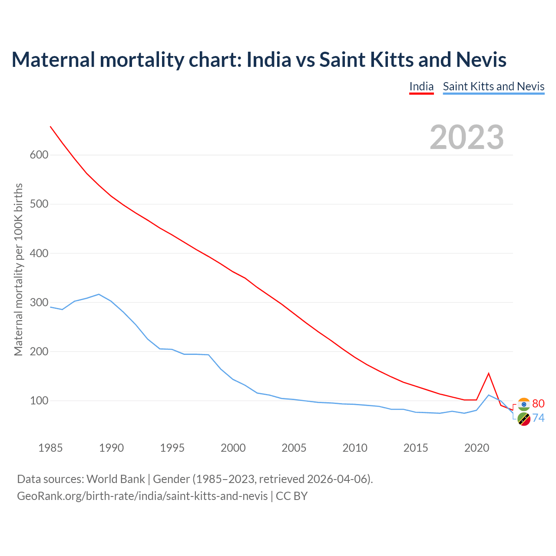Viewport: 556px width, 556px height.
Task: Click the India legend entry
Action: click(421, 86)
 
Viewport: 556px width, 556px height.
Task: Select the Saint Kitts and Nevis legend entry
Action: click(493, 86)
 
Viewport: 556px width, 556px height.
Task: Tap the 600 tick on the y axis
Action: click(39, 155)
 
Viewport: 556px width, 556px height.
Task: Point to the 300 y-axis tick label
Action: click(39, 302)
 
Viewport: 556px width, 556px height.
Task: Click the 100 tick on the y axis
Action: click(39, 400)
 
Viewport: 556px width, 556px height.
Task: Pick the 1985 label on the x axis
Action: click(50, 448)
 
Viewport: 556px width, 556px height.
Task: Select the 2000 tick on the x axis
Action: click(233, 448)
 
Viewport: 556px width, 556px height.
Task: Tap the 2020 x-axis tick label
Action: click(477, 448)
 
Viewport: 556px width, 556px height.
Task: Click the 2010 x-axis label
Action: click(355, 448)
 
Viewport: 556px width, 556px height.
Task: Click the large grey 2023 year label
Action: click(467, 137)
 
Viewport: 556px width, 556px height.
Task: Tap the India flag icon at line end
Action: click(524, 404)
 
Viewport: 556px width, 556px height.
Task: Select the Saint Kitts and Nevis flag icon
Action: click(524, 419)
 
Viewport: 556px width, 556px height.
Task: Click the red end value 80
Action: click(538, 404)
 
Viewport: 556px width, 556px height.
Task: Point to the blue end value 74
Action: click(538, 418)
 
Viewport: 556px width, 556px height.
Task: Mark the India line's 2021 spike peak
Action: click(489, 373)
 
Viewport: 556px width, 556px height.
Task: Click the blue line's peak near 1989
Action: click(99, 294)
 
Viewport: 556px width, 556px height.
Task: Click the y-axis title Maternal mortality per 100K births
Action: click(18, 269)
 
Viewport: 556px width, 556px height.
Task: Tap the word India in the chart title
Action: click(268, 60)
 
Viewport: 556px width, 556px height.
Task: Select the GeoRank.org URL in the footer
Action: click(142, 496)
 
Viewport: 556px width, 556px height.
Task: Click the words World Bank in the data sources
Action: click(116, 479)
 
